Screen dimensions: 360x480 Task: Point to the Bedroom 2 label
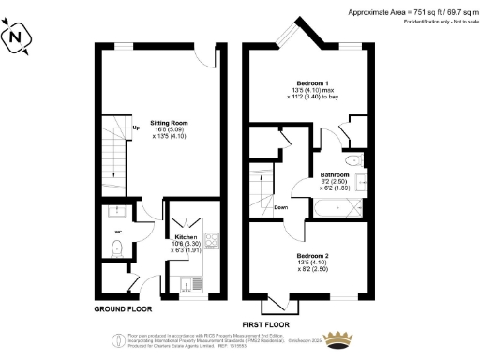pos(313,256)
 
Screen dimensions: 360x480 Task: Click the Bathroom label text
pos(335,174)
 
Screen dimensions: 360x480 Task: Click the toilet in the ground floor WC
pos(117,247)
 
